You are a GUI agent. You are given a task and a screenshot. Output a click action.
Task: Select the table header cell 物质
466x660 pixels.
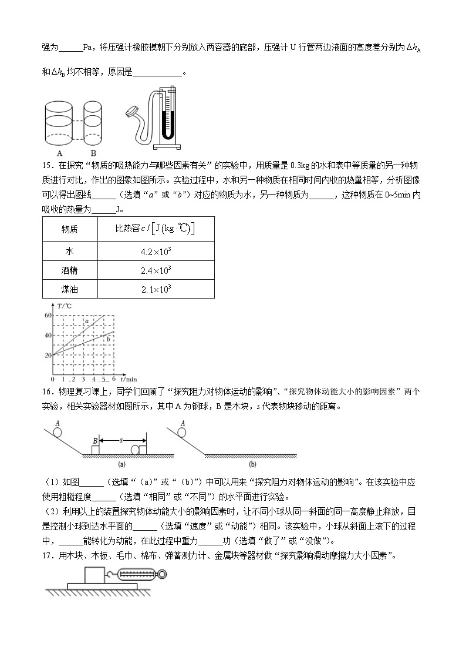tap(70, 229)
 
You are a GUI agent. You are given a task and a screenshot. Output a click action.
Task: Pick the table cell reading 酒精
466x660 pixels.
tap(70, 270)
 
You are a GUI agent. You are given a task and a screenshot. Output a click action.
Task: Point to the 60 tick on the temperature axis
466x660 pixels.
tap(48, 316)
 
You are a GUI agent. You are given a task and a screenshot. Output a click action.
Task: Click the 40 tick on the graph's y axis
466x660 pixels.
tap(48, 336)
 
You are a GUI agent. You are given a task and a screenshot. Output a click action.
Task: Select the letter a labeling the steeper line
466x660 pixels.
tap(87, 321)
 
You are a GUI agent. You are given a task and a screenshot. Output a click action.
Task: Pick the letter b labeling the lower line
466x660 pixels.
tap(108, 339)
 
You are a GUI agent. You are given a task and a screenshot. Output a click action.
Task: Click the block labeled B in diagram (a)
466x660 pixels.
tap(96, 450)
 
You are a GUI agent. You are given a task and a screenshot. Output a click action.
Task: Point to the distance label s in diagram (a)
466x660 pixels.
tap(122, 439)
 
